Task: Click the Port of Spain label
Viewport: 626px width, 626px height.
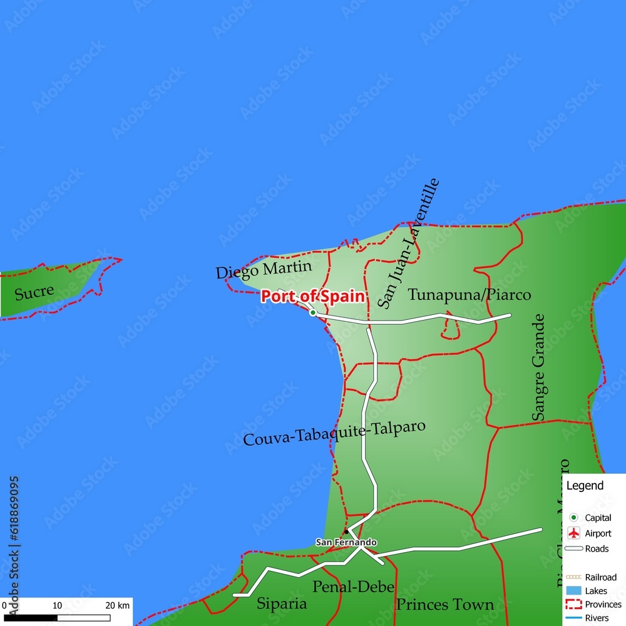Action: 312,296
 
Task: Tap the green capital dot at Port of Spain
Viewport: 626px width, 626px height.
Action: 312,312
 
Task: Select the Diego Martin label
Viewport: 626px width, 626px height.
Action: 264,270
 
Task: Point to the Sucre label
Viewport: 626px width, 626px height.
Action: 34,292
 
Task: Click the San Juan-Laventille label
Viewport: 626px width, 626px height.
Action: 408,244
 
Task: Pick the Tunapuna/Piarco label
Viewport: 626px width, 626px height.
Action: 469,294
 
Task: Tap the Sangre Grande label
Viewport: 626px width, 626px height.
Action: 538,367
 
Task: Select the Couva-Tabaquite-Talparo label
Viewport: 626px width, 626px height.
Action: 334,433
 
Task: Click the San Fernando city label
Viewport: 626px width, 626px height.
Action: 346,542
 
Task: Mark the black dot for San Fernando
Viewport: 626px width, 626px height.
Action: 346,531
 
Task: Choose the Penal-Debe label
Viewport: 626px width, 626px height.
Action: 354,587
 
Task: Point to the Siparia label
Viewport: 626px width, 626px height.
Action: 282,603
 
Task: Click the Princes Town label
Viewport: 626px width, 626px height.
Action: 444,605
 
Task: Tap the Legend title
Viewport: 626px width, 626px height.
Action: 585,485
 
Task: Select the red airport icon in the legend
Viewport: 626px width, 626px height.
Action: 573,533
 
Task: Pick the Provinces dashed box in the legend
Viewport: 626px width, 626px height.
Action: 573,605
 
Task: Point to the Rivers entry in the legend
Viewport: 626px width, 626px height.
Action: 597,618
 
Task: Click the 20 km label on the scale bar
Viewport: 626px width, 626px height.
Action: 117,605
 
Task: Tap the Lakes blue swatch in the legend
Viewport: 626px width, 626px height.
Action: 573,591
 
